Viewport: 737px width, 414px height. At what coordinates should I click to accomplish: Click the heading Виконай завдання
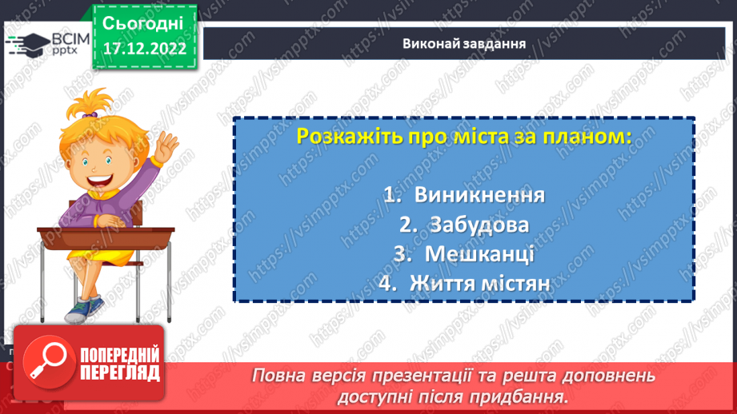click(464, 44)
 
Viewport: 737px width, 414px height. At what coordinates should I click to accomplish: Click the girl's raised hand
click(166, 148)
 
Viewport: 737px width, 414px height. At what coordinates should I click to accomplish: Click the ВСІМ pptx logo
click(43, 43)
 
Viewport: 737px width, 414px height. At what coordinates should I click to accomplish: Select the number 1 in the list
click(390, 197)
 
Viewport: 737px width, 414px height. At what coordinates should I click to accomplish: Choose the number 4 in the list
click(387, 284)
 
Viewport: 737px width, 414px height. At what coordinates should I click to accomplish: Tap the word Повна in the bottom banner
click(280, 376)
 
